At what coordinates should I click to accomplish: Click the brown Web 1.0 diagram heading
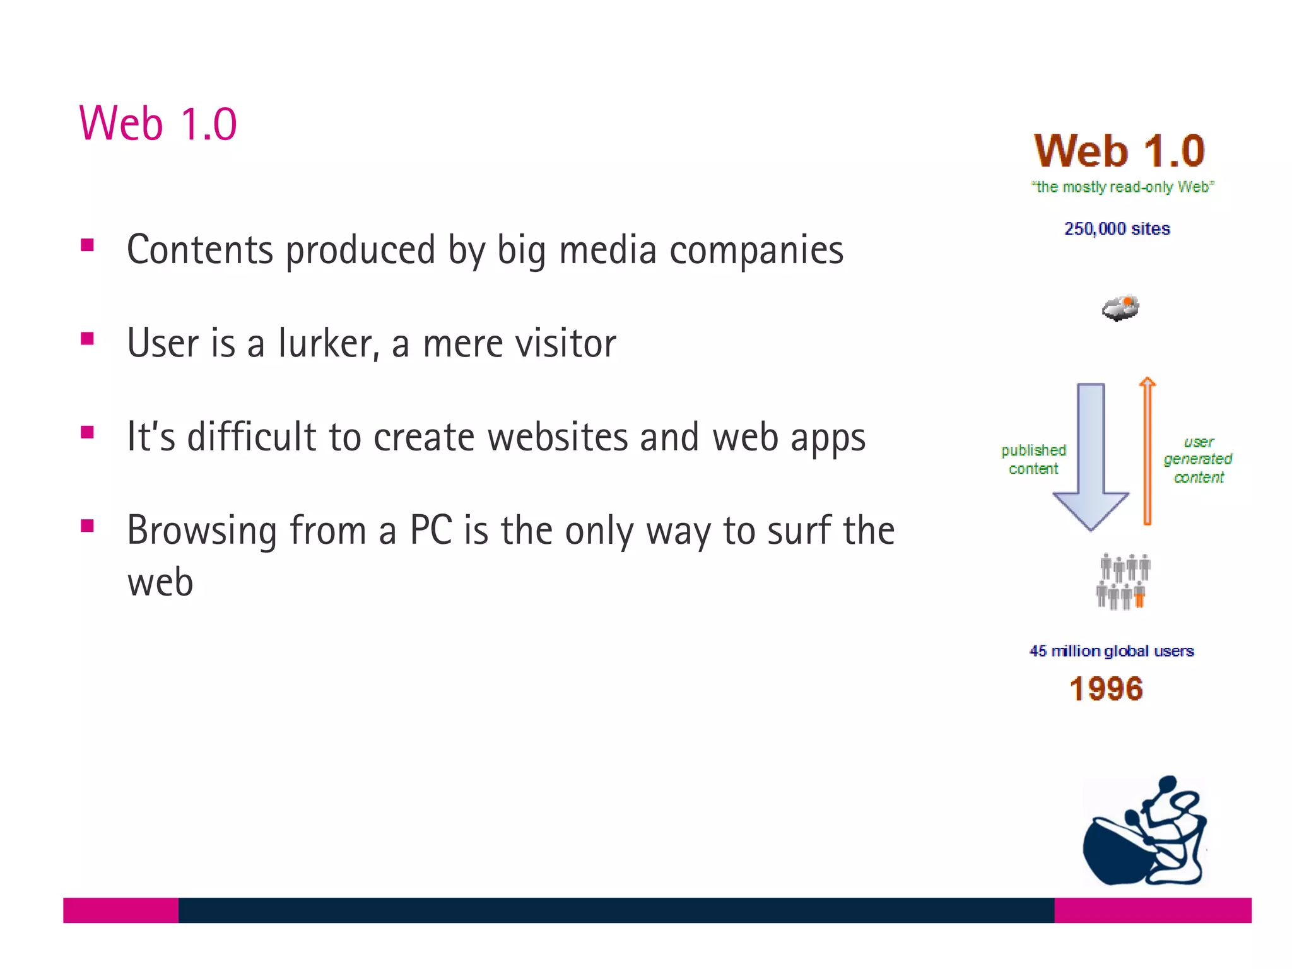(1119, 151)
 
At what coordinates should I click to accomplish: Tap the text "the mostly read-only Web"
(1122, 187)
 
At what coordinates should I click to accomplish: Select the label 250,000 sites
(1117, 228)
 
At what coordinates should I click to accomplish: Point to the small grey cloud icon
(1120, 308)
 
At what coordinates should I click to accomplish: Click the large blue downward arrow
(1091, 454)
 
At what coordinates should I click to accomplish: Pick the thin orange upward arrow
(1148, 451)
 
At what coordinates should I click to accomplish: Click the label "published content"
(1033, 459)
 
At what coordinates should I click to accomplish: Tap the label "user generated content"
(1198, 459)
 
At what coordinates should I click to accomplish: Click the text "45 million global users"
(1112, 651)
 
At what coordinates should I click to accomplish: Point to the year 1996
(1107, 688)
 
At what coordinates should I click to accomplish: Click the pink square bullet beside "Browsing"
(88, 526)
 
